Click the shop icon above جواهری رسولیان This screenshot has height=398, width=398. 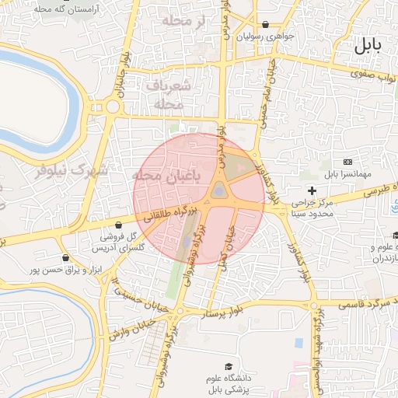[267, 25]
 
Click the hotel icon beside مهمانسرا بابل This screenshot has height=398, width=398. [347, 161]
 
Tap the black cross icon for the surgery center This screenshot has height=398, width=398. [312, 190]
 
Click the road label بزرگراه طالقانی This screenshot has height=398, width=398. [156, 220]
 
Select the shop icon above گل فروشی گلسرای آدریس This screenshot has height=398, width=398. [118, 225]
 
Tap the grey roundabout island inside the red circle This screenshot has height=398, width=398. [220, 190]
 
